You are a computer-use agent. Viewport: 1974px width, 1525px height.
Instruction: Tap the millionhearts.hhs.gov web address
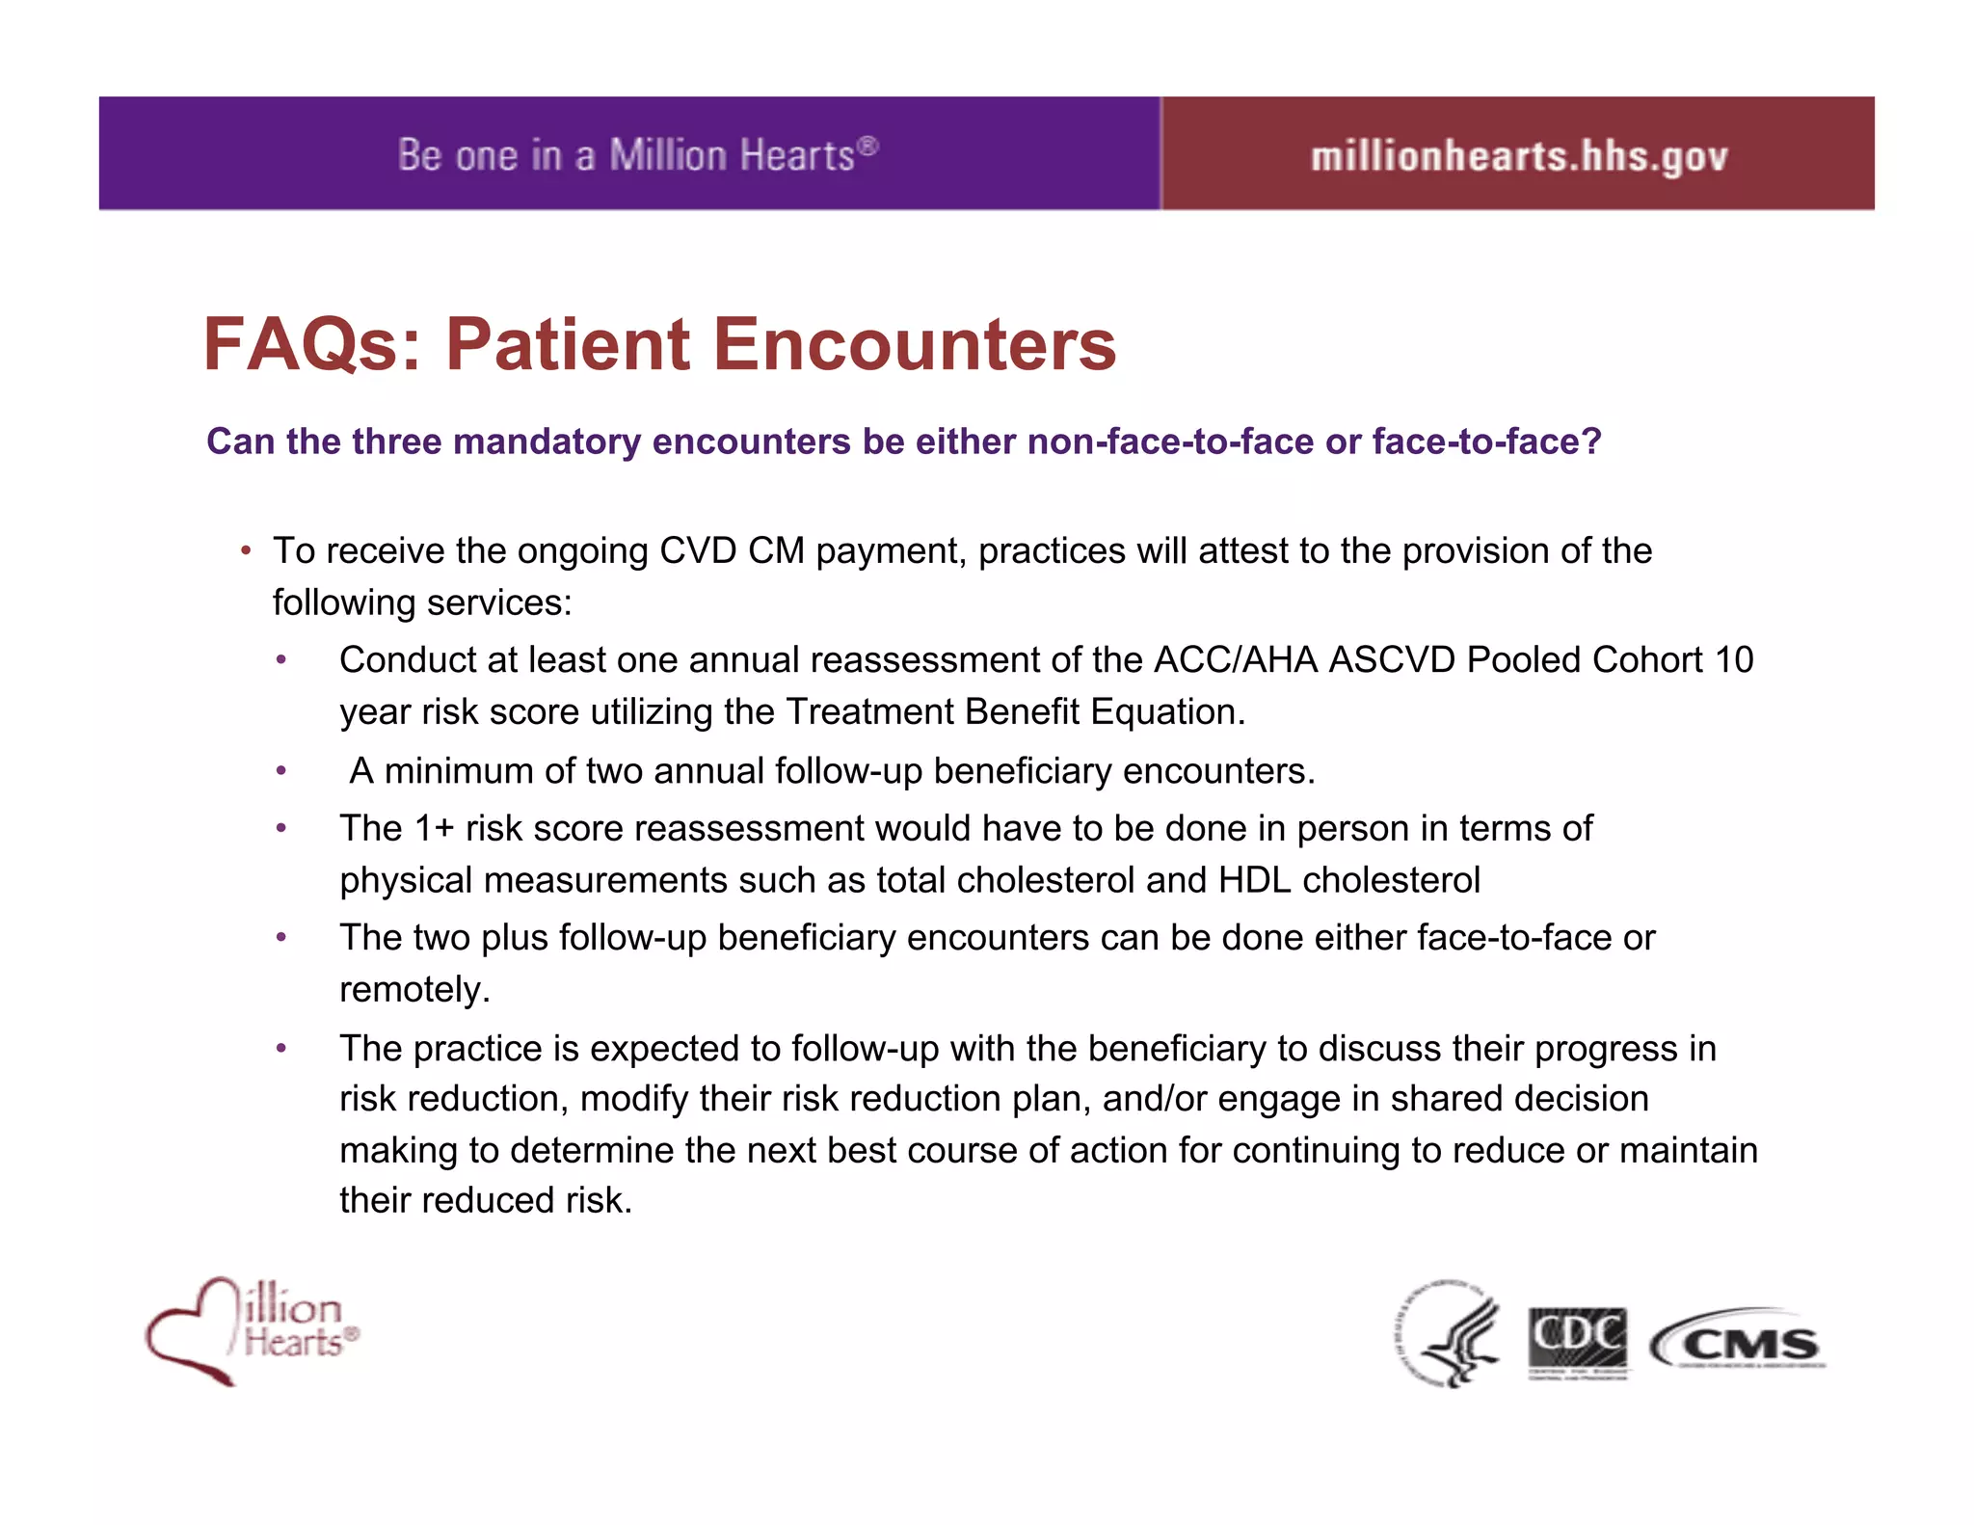(1519, 156)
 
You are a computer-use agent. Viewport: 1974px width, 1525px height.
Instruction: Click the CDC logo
(1578, 1341)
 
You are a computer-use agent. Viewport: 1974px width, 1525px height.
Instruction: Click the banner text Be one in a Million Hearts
(637, 155)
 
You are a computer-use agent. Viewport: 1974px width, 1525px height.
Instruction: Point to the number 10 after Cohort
(1733, 660)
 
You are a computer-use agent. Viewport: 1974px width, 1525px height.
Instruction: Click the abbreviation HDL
(1254, 880)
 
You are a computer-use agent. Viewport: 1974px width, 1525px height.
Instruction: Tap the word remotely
(413, 990)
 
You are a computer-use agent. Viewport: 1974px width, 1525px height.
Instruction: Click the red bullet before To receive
(247, 551)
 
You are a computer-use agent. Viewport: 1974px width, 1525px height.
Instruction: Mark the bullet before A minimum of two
(281, 771)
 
